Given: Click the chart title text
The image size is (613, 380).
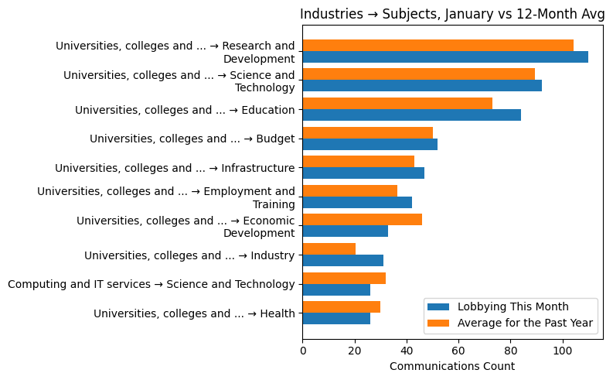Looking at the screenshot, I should (452, 13).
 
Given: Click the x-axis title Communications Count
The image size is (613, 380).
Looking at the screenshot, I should (452, 365).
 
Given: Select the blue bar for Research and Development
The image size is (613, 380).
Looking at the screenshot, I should (444, 57).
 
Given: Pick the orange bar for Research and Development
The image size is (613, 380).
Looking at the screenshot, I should (438, 46).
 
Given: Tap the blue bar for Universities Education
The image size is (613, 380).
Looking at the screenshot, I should (411, 115).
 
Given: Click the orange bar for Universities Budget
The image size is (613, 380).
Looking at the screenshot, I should (367, 132).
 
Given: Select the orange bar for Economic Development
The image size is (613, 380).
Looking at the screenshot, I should (362, 220).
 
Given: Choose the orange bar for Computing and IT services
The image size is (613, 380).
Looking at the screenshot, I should (344, 278).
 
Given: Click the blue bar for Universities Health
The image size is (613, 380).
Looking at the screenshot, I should (336, 319).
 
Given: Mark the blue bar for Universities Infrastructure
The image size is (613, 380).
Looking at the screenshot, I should (363, 173).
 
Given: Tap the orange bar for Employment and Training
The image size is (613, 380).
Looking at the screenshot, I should (349, 190).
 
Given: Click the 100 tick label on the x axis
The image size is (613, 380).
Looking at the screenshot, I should (563, 350).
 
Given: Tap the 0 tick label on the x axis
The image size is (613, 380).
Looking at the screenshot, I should (302, 350).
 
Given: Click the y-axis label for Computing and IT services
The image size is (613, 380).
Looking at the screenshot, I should (152, 284).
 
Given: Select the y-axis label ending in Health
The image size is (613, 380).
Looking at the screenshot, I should (194, 313).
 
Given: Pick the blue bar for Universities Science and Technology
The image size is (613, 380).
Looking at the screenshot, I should (421, 86).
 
